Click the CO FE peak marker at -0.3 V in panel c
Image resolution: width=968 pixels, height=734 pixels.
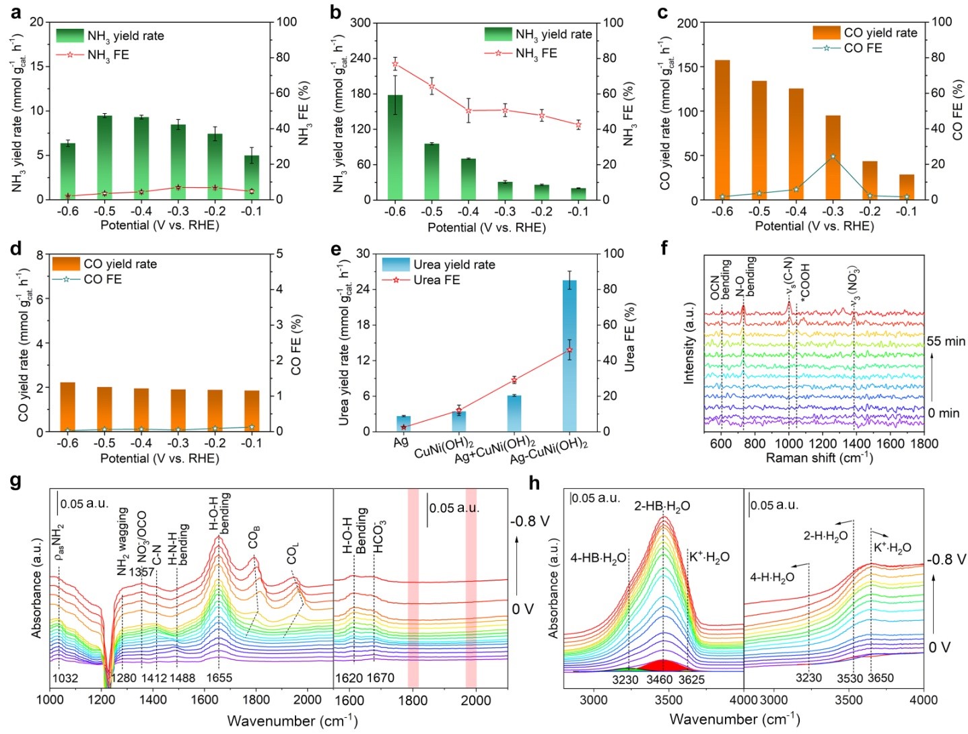point(833,156)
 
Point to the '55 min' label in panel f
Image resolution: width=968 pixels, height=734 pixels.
point(945,341)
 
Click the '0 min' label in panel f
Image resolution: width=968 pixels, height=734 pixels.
point(945,413)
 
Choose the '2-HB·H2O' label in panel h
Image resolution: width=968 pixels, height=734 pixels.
point(662,506)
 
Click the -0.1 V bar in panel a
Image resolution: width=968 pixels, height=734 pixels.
point(251,177)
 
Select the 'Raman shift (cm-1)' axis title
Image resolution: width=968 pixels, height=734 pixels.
point(819,458)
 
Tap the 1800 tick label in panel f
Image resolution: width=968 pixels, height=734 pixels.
point(924,443)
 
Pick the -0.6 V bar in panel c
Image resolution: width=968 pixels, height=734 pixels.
point(722,130)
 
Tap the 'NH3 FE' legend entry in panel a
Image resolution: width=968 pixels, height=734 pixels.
point(108,55)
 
